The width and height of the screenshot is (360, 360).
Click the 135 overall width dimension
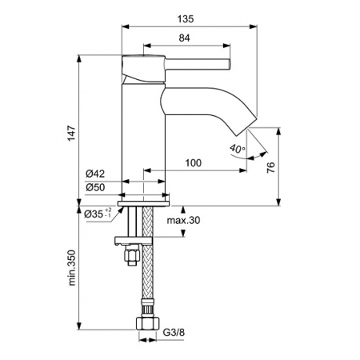click(186, 19)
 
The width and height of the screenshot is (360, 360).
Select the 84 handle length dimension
click(185, 38)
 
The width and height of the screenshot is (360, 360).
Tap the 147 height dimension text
click(72, 133)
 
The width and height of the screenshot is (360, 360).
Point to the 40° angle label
click(238, 149)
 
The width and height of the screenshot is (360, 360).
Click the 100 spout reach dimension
click(194, 162)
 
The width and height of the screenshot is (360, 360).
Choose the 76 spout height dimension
click(270, 167)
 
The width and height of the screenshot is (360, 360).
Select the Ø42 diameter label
click(95, 174)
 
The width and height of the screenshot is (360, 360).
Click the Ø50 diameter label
click(95, 187)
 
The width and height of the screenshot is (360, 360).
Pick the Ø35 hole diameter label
click(98, 213)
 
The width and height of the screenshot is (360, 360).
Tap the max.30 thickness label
click(183, 220)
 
